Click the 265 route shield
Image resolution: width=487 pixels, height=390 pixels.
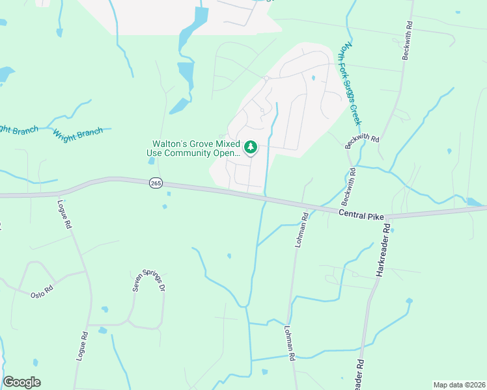click(155, 184)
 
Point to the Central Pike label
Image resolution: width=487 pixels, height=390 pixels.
click(361, 214)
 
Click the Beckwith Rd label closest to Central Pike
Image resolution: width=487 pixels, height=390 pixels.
click(352, 184)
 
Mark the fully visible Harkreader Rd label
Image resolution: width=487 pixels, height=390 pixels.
click(382, 251)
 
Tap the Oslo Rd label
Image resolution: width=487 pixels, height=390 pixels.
click(41, 292)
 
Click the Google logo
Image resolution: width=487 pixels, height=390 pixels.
click(21, 382)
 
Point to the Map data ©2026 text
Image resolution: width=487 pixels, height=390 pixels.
click(460, 385)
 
